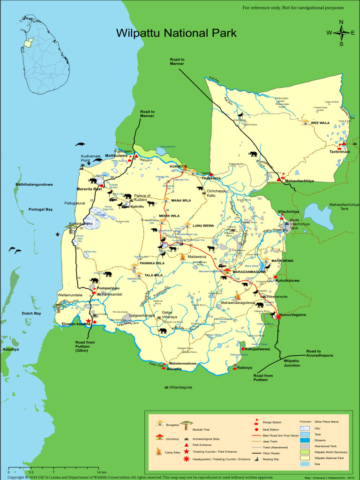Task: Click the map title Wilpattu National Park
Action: point(176,33)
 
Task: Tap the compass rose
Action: point(341,33)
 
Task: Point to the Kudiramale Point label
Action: point(92,157)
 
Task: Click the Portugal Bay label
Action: point(40,210)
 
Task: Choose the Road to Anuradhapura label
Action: point(320,353)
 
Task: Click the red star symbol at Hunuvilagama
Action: point(278,316)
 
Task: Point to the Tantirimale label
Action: point(340,152)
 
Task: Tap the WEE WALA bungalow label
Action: point(322,123)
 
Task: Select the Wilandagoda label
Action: point(180,387)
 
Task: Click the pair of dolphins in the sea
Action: point(15,251)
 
